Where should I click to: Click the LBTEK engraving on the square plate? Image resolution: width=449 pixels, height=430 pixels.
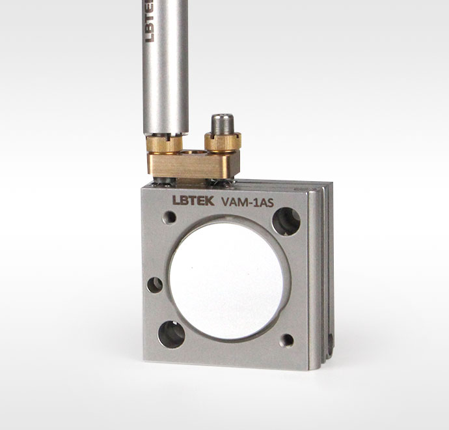193,201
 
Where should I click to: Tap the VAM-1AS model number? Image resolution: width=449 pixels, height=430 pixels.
248,203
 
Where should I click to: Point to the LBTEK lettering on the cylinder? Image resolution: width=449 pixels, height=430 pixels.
149,21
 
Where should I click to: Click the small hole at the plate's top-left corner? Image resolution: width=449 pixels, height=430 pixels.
169,218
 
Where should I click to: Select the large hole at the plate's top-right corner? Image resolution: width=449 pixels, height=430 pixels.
286,222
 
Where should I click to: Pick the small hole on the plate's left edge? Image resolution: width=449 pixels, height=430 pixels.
155,285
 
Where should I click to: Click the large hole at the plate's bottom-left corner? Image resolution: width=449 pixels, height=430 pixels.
172,334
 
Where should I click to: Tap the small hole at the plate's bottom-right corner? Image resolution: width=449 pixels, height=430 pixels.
287,341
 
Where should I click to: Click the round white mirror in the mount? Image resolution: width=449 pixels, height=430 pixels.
226,281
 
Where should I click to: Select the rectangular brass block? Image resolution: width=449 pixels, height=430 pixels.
193,165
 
